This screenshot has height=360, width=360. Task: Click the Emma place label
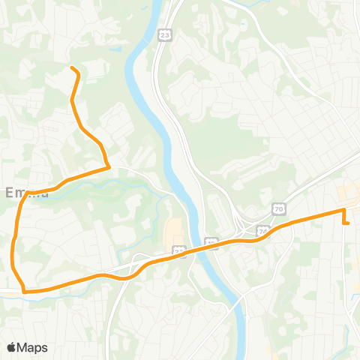27,193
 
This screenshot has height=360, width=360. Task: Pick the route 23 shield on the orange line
178,250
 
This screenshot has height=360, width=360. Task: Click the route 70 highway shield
278,208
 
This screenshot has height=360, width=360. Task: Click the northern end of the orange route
72,68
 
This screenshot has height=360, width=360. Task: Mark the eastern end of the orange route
349,223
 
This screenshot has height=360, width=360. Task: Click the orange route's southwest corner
24,290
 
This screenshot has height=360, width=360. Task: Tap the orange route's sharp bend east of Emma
109,166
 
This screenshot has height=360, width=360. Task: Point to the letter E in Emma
10,193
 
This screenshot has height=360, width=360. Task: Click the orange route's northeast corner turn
343,211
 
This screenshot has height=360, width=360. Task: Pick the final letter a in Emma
44,193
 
